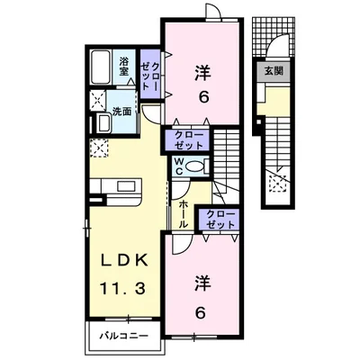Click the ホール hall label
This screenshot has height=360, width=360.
[x=183, y=214]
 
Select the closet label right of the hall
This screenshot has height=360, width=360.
[x=220, y=220]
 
